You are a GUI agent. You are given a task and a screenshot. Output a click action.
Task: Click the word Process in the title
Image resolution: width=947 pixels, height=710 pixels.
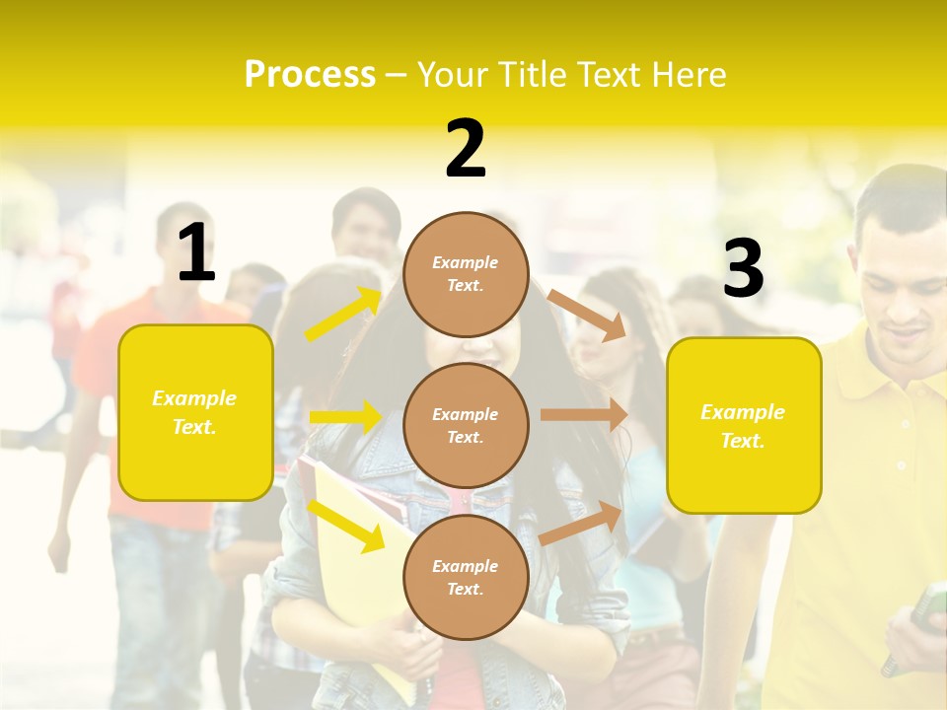[x=310, y=75]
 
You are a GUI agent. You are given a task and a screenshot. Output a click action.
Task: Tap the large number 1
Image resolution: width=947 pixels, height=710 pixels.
[x=196, y=254]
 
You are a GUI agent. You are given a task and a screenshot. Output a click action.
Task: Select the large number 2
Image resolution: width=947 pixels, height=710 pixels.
[x=466, y=150]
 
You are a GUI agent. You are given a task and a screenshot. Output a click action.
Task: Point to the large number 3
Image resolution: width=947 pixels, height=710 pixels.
[x=743, y=269]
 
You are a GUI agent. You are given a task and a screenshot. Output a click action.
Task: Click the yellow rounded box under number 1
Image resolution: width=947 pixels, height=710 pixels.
[x=195, y=412]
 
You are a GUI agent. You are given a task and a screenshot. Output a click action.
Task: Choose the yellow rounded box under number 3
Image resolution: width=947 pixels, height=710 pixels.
[x=744, y=425]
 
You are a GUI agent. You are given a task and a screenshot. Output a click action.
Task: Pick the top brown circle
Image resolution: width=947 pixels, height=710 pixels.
[x=466, y=274]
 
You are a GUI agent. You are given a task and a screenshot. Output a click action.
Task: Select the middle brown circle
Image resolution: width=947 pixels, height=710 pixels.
[x=466, y=425]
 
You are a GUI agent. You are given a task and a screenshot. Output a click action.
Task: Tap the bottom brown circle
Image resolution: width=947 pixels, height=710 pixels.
[x=466, y=577]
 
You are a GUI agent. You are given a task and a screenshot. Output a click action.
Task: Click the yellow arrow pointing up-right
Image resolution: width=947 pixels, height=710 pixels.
[x=343, y=315]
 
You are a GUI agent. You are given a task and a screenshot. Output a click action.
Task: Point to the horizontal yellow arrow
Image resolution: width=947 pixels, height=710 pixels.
[x=345, y=417]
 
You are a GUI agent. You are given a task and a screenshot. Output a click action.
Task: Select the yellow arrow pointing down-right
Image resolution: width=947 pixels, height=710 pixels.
[x=345, y=524]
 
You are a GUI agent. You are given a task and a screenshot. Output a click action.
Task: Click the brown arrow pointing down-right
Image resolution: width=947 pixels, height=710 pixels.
[x=587, y=315]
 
